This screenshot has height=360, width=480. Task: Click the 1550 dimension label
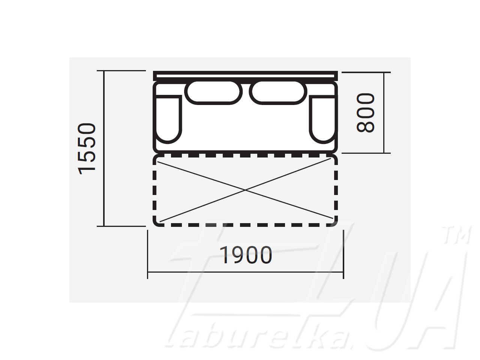point(87,148)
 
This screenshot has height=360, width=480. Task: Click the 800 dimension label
point(365,113)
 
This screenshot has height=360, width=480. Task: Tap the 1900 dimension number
point(246,255)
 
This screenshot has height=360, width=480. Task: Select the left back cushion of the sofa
point(213,92)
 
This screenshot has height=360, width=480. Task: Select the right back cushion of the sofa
point(278,92)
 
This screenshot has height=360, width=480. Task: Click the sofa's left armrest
point(168,119)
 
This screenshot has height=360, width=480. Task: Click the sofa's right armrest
point(323,119)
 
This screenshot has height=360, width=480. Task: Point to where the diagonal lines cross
point(245,190)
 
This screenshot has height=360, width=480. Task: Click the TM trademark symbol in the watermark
point(456,235)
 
